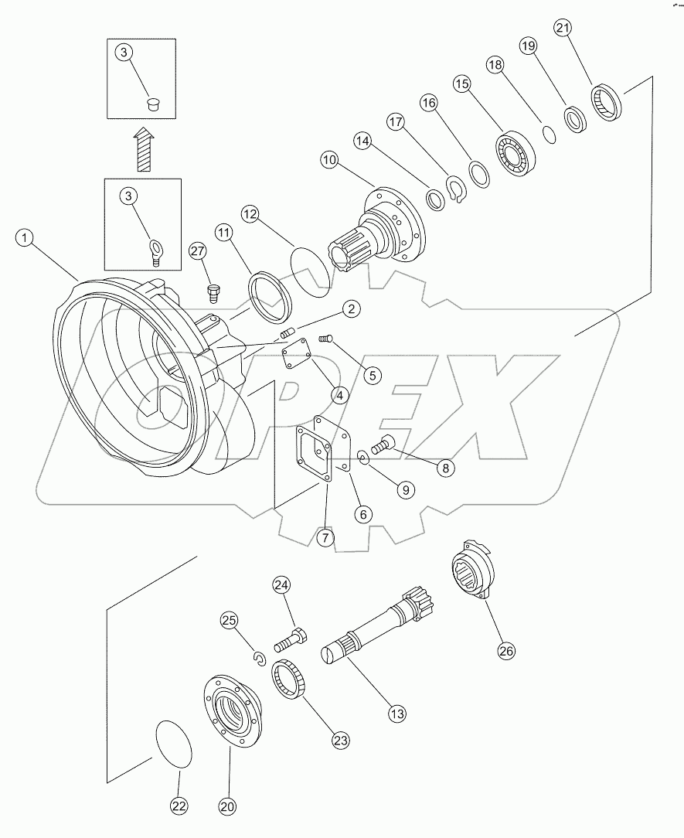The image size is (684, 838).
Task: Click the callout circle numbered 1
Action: pyautogui.click(x=26, y=238)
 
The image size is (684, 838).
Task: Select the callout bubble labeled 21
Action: pyautogui.click(x=563, y=28)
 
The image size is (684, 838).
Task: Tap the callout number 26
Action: pyautogui.click(x=505, y=651)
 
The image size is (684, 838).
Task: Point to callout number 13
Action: pyautogui.click(x=396, y=714)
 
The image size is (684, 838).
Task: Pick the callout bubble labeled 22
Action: pyautogui.click(x=179, y=806)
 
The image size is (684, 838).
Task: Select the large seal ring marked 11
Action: pyautogui.click(x=269, y=295)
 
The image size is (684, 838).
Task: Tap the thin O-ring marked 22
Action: pyautogui.click(x=175, y=744)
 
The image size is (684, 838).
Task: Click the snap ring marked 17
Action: pyautogui.click(x=455, y=191)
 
